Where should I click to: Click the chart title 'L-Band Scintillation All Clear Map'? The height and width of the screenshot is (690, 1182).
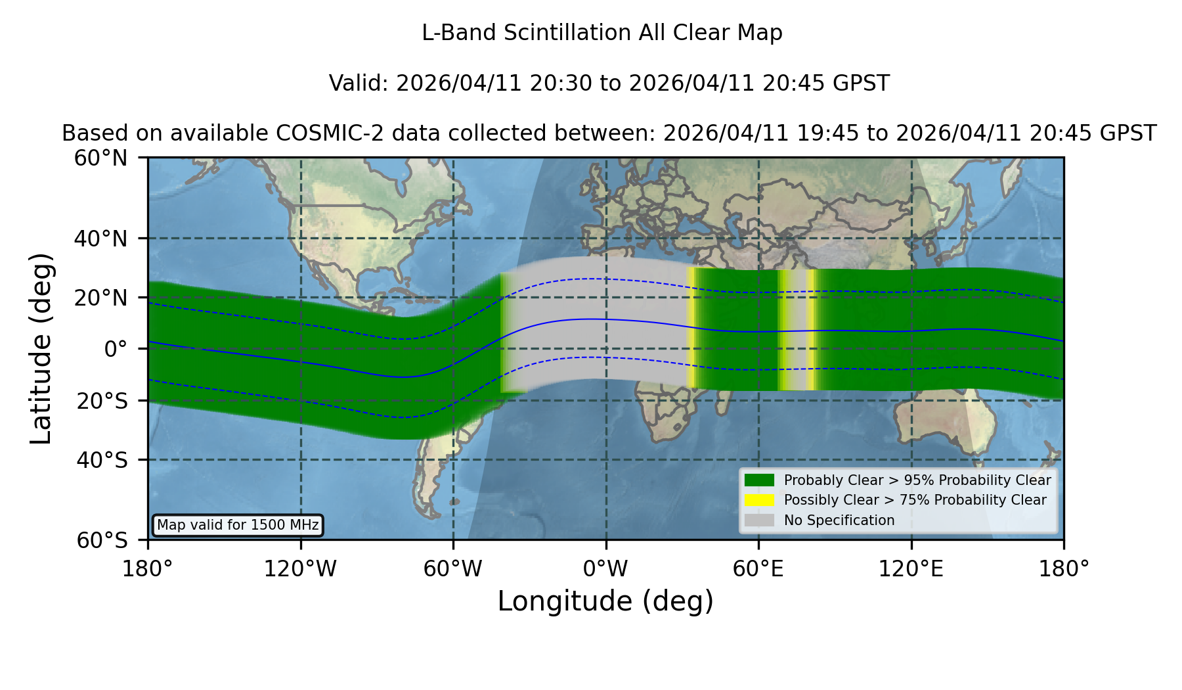602,33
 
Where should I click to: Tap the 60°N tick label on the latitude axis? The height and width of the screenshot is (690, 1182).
100,158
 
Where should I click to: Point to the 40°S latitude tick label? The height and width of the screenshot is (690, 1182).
102,460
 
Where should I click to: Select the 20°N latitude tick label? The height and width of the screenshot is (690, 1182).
100,298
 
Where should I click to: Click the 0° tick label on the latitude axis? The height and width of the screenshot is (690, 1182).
116,349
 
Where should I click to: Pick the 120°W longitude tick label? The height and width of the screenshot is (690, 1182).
301,568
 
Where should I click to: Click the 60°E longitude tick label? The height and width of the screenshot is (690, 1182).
758,568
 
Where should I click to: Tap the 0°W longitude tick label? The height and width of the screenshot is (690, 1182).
606,568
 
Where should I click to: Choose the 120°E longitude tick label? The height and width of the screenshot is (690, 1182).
911,568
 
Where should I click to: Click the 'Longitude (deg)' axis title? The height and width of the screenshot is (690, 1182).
605,601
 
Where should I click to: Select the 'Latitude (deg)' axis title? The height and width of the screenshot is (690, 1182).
41,349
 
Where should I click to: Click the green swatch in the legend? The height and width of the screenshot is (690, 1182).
760,480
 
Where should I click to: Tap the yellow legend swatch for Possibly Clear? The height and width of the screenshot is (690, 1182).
760,500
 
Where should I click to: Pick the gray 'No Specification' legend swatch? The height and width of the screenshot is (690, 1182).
760,520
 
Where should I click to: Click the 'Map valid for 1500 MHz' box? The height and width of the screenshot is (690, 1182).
238,525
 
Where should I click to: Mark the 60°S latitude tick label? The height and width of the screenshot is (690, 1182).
102,540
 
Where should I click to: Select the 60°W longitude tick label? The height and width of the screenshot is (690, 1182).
453,568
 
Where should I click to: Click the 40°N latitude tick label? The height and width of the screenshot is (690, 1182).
100,239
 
